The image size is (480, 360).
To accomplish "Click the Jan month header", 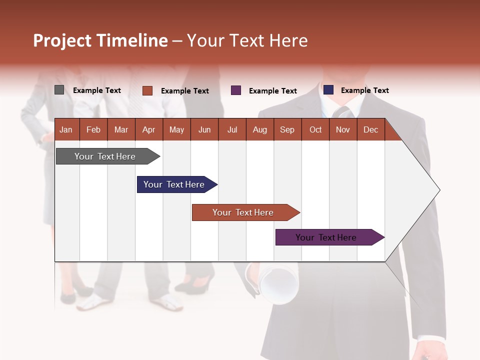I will (66, 129).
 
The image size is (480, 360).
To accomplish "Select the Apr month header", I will (148, 129).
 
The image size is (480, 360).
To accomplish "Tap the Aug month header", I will (259, 129).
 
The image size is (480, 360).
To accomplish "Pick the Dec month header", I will (370, 129).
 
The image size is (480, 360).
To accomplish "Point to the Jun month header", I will (204, 129).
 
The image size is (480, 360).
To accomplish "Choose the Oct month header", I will (315, 129).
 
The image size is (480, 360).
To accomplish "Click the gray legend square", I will (59, 90).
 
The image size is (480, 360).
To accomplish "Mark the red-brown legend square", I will (147, 90).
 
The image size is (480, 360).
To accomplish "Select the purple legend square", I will (235, 90).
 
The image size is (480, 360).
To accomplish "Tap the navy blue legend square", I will (328, 90).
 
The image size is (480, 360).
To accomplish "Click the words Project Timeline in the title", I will (100, 40).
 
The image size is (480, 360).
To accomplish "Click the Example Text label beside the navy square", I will (364, 90).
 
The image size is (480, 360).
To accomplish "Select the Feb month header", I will (93, 129).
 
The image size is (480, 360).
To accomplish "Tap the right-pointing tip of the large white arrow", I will (438, 190).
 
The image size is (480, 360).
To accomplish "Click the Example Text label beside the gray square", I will (97, 90).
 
